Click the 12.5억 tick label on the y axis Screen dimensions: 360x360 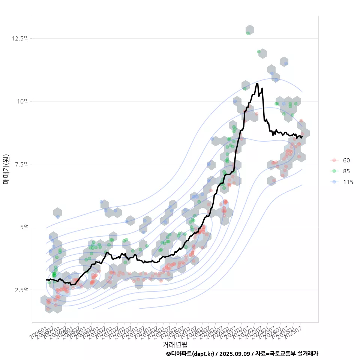coord(20,38)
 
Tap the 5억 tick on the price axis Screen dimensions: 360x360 coord(23,227)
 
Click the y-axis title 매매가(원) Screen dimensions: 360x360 coord(6,169)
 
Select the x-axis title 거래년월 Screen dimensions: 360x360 coord(175,344)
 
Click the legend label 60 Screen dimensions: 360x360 coord(346,160)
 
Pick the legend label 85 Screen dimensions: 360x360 coord(346,171)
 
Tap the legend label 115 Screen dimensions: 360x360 coord(348,182)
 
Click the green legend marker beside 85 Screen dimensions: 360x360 coord(334,171)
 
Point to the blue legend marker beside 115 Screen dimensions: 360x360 coord(334,182)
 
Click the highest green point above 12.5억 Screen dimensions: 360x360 coord(248,33)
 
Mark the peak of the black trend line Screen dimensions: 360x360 coord(257,84)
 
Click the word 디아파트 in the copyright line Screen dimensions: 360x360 coord(181,354)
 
